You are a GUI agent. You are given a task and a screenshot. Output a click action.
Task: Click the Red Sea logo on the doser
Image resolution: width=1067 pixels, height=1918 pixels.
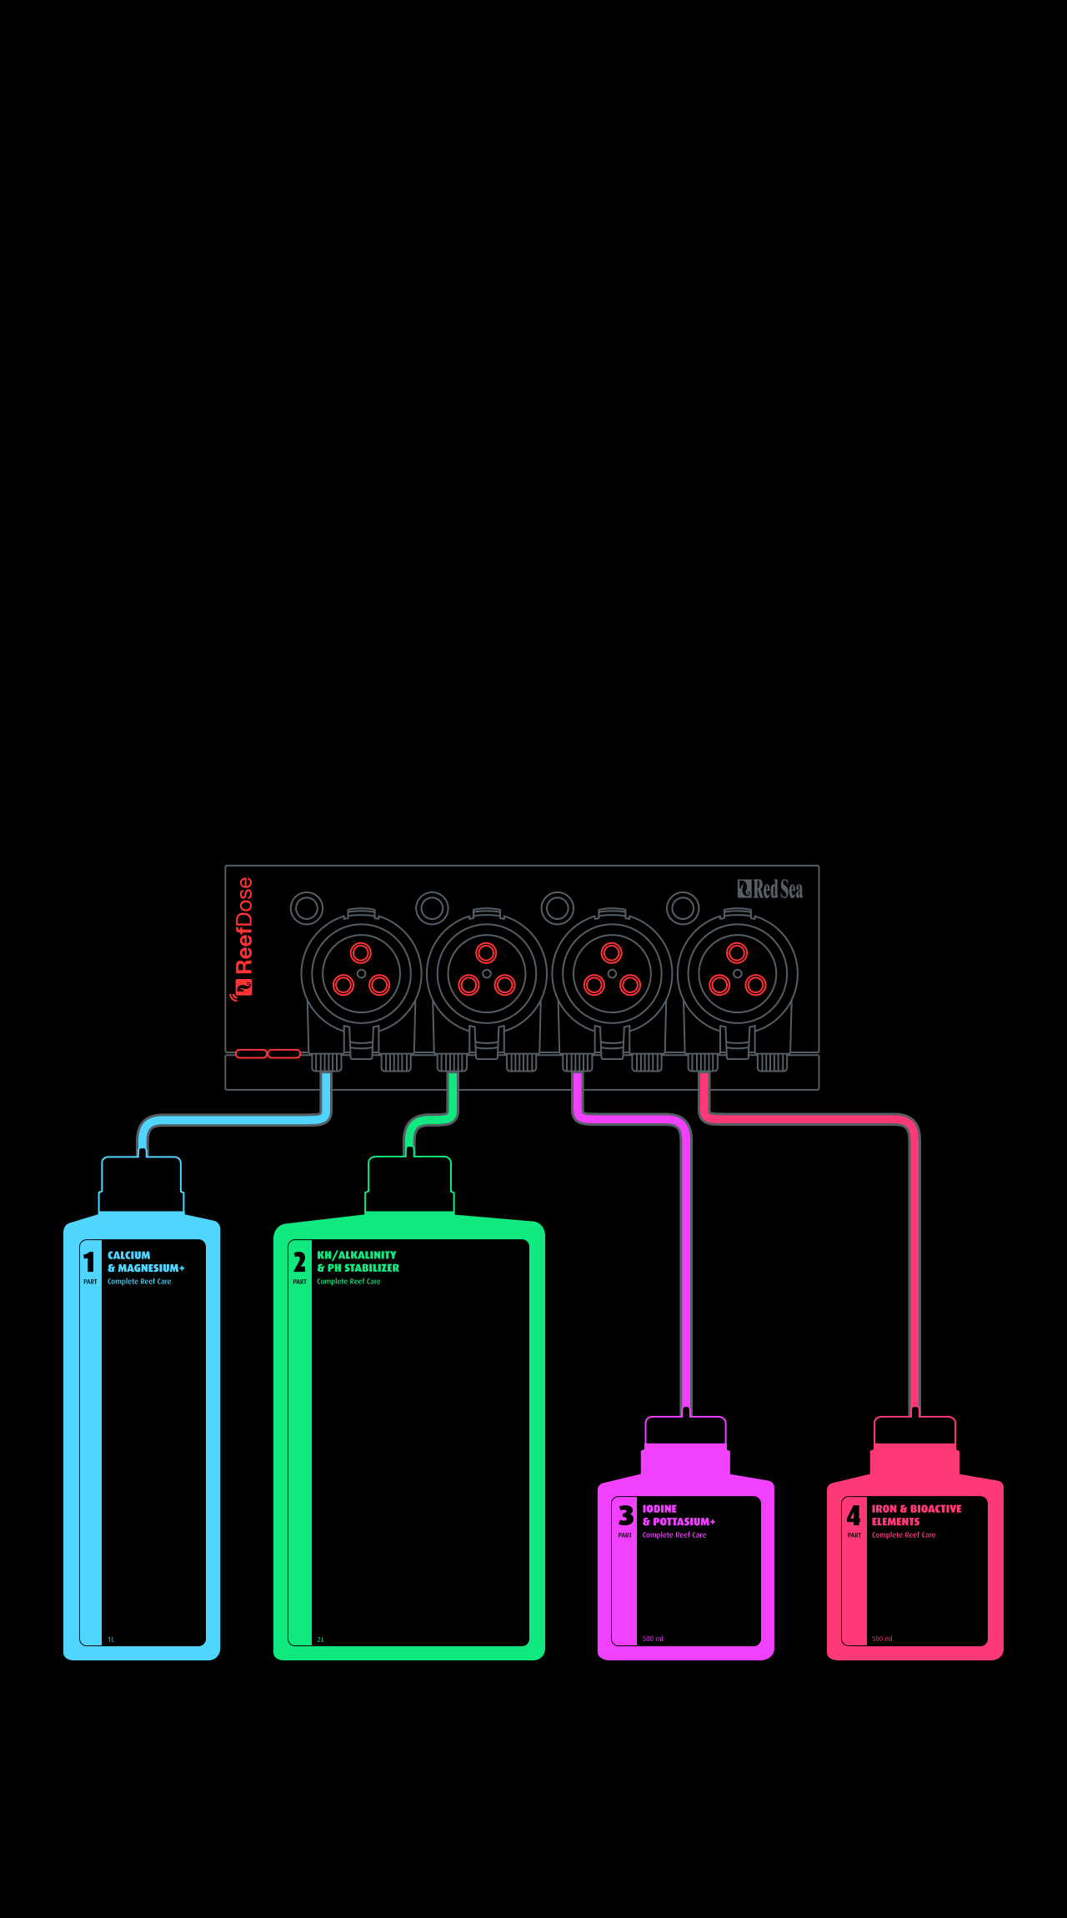[770, 889]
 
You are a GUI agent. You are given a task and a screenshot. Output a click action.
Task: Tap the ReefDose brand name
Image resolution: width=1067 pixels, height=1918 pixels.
[243, 926]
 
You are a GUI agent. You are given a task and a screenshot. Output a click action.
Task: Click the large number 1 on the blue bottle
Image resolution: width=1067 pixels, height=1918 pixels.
[89, 1263]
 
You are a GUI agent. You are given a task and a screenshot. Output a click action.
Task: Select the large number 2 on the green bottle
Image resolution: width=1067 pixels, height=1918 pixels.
[299, 1263]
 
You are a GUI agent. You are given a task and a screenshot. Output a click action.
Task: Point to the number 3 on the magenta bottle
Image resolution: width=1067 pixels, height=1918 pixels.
[626, 1515]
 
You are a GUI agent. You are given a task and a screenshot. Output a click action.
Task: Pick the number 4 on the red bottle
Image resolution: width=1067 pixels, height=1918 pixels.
[854, 1515]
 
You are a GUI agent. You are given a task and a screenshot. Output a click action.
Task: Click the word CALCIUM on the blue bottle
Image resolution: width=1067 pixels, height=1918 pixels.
[129, 1255]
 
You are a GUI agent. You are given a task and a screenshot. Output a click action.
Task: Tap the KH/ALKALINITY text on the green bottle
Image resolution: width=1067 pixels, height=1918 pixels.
[357, 1255]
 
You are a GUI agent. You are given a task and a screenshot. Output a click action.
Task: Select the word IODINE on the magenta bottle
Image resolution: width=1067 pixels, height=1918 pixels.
[659, 1509]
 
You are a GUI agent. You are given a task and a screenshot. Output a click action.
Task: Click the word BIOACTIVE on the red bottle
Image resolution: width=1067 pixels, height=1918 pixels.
[936, 1509]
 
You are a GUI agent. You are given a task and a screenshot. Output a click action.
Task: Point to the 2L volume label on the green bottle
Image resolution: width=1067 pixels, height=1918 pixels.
[320, 1639]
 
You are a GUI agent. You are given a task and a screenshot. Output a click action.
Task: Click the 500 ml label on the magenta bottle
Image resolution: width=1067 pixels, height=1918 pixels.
[653, 1639]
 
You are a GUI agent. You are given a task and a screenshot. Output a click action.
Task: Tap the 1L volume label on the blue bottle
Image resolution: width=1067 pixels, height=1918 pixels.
[111, 1639]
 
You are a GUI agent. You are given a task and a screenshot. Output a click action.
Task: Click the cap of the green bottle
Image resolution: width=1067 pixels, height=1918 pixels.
[409, 1184]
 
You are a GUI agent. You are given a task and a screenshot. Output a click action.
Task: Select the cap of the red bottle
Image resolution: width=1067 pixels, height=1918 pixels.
[914, 1432]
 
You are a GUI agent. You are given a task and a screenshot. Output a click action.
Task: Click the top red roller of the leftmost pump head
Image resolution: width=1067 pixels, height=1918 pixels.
[361, 953]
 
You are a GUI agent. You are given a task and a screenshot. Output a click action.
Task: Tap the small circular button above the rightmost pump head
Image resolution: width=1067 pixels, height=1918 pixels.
[683, 907]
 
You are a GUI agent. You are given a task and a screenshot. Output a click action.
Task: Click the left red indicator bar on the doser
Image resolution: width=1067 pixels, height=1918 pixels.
[251, 1054]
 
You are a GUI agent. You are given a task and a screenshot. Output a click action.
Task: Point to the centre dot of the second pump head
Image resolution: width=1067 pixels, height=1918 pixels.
[487, 973]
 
